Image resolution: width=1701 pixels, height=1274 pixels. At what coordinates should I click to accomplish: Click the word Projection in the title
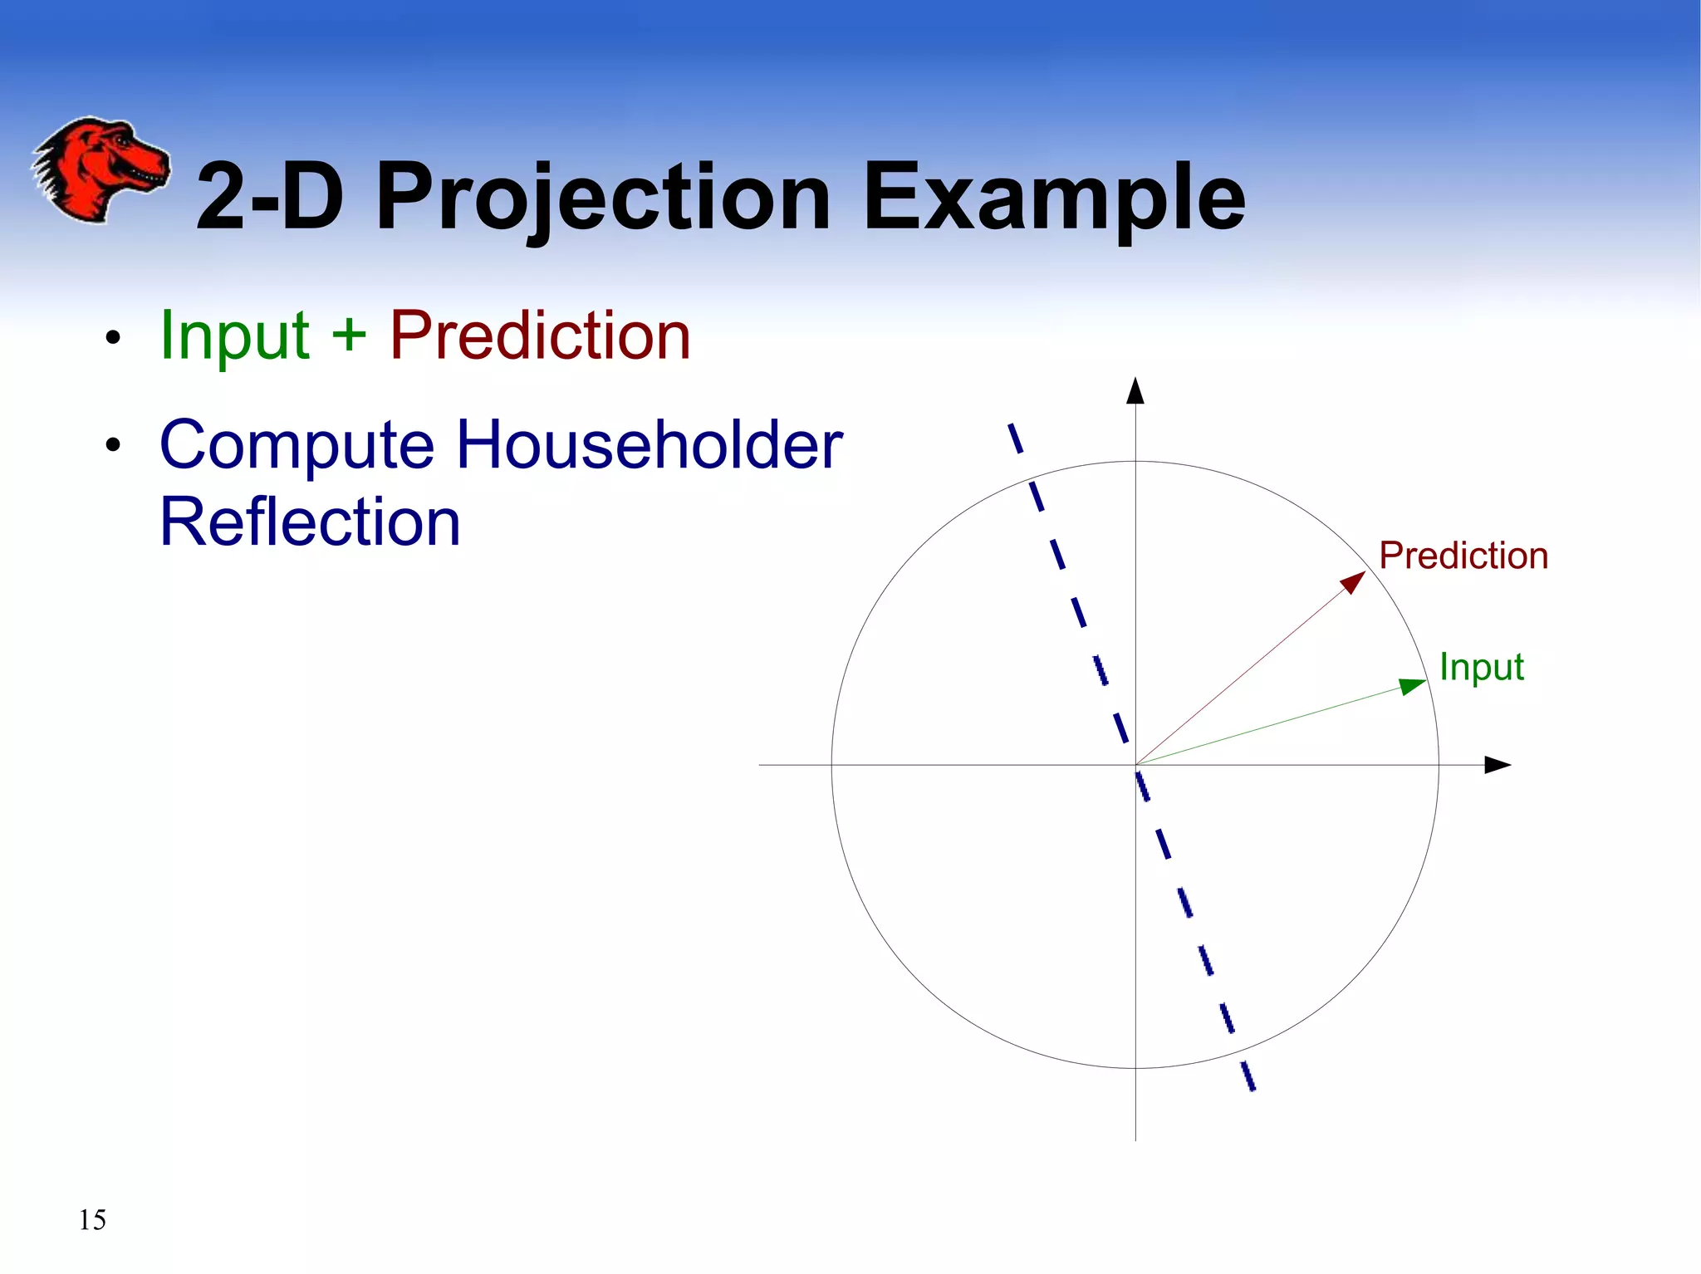602,199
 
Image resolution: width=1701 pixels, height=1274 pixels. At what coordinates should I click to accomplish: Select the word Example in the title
1053,199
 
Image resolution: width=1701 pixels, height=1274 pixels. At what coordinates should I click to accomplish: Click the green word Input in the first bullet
235,336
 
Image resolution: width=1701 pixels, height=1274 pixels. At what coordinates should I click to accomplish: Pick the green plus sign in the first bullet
349,336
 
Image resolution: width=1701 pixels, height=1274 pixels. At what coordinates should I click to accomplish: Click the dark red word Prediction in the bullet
540,336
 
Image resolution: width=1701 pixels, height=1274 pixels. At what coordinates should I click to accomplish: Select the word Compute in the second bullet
297,446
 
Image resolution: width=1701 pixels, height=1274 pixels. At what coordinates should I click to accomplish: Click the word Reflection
310,522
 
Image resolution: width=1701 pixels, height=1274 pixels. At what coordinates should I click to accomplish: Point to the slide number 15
92,1220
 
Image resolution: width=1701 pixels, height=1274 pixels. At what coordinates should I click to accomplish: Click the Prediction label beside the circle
1463,556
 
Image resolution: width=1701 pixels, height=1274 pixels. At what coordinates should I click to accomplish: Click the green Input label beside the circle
1481,667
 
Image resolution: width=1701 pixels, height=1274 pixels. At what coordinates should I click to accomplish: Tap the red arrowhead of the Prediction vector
1354,581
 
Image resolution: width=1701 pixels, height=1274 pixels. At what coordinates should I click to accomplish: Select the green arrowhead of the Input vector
1413,686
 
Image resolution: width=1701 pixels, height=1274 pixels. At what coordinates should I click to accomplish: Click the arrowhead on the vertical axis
1135,390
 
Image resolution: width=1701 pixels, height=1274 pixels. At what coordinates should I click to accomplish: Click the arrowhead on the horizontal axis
1497,765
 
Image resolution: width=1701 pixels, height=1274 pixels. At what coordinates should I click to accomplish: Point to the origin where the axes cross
1135,765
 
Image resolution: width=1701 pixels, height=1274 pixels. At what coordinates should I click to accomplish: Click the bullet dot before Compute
114,446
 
